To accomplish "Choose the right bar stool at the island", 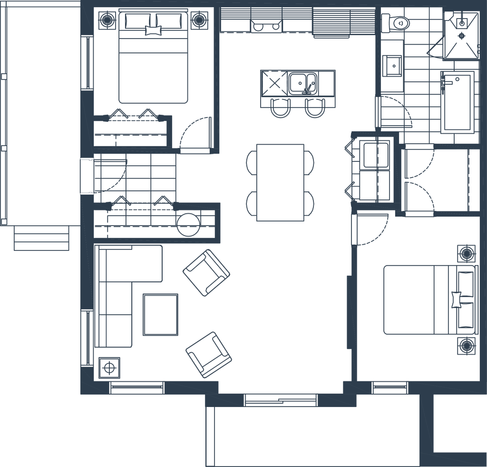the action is pyautogui.click(x=312, y=109).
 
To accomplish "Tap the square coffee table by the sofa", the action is pyautogui.click(x=160, y=314).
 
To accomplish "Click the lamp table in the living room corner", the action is pyautogui.click(x=109, y=368).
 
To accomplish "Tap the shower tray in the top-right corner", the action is pyautogui.click(x=461, y=34).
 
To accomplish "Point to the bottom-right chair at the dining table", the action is pyautogui.click(x=310, y=202).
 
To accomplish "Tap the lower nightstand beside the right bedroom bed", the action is pyautogui.click(x=467, y=345).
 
